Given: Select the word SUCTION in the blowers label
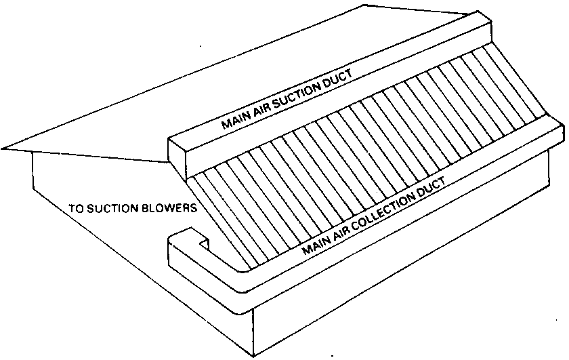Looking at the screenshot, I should click(x=113, y=208).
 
